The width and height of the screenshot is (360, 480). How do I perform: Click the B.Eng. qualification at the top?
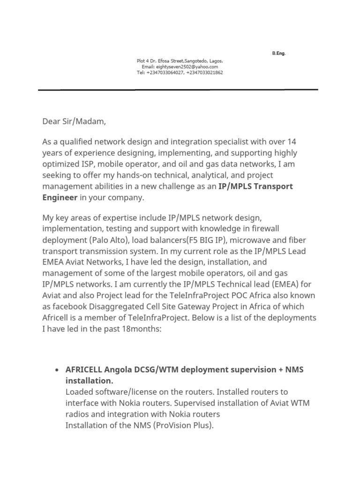coord(278,53)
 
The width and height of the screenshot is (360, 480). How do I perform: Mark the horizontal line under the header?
coord(178,90)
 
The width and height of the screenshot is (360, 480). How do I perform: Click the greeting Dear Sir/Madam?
coord(74,122)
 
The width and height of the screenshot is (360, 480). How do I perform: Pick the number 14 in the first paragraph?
coord(292,142)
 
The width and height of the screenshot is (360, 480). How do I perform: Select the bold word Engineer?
coord(60,197)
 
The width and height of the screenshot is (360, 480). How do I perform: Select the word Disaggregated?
coord(117,306)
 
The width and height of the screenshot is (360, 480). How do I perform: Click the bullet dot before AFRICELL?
coord(56,370)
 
